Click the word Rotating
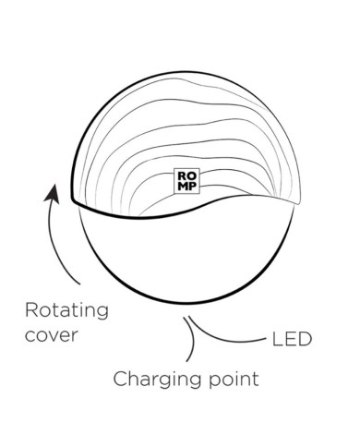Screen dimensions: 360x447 [66, 312]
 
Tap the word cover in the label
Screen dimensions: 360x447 [51, 335]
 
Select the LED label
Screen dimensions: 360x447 [292, 339]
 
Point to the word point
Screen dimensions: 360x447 [234, 379]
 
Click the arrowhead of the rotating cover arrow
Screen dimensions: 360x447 [53, 193]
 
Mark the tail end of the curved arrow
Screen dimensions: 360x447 [80, 284]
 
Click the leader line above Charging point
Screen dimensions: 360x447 [192, 339]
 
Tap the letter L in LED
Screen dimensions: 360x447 [277, 339]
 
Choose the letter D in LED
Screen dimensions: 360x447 [306, 339]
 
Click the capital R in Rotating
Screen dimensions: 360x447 [31, 310]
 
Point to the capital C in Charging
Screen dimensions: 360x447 [120, 379]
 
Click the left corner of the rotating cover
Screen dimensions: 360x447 [72, 200]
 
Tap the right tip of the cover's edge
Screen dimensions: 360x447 [300, 202]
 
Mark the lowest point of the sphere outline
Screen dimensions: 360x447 [186, 302]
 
